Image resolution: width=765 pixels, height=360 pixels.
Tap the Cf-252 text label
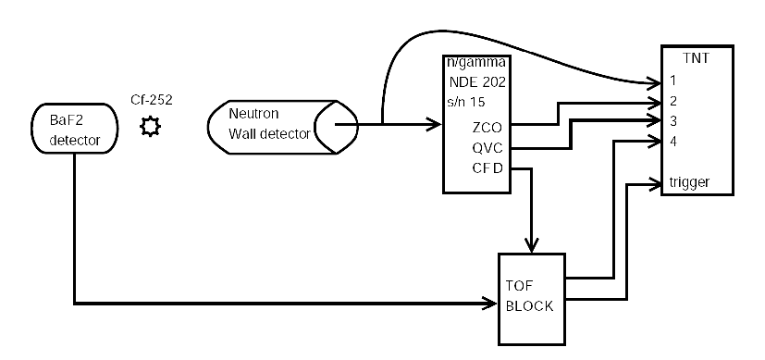150,99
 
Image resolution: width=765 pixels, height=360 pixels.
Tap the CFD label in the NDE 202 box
488,168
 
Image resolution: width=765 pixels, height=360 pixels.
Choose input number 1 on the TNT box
675,81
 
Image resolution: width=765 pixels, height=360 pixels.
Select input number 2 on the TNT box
675,101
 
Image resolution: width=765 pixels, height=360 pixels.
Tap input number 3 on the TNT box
675,120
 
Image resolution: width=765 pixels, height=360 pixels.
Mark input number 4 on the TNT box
675,141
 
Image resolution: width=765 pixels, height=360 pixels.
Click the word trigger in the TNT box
691,182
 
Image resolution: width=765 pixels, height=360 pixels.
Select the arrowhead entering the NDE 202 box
435,123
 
